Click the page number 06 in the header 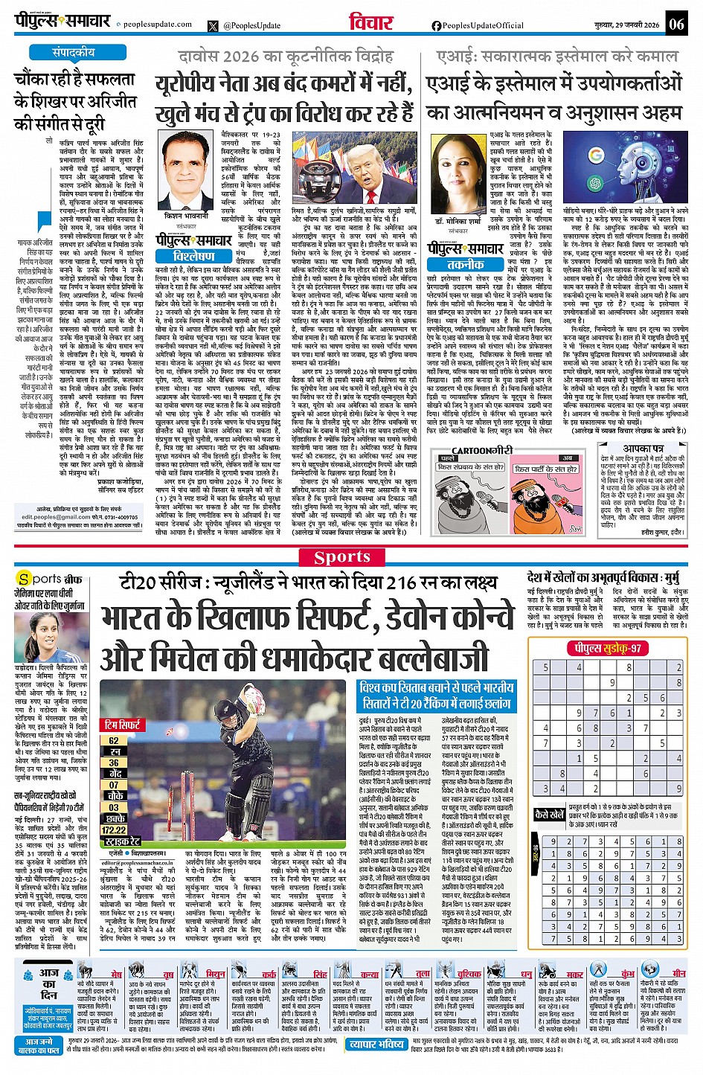tap(675, 24)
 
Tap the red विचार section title tap(370, 23)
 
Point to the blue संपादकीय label tap(73, 53)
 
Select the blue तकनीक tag tap(466, 264)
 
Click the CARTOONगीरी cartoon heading tap(481, 450)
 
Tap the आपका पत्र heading tap(643, 449)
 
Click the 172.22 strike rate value tap(113, 829)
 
